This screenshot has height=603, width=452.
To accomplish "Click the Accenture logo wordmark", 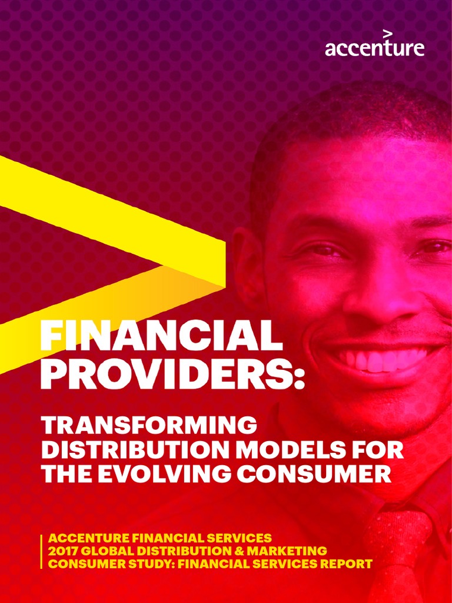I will pos(374,48).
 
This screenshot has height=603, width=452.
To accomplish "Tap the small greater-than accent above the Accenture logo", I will pos(387,33).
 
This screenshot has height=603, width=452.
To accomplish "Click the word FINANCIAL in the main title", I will pos(157,337).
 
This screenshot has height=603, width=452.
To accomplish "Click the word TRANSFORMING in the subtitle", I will pos(149,426).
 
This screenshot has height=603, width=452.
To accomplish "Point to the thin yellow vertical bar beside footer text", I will pos(42,551).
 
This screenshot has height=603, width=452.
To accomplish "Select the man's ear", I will pos(242,259).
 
